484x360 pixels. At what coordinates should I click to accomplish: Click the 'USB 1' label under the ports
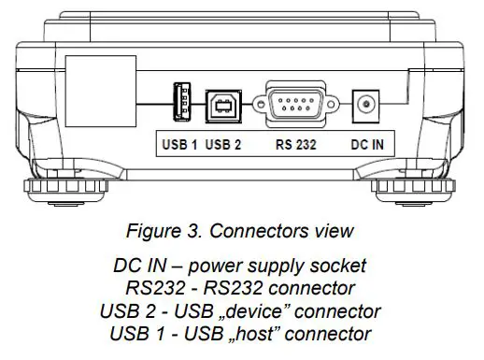click(178, 144)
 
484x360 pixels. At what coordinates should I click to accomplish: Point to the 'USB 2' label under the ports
click(223, 144)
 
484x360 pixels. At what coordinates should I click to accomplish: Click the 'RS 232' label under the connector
click(297, 144)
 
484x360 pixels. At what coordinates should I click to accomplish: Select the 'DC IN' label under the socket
click(365, 144)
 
